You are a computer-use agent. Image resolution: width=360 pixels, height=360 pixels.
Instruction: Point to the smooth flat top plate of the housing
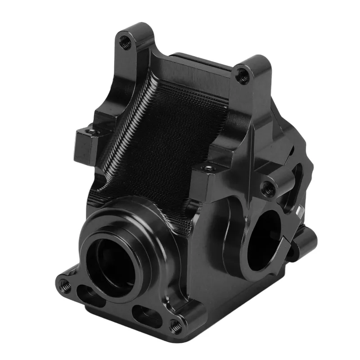click(x=198, y=67)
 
